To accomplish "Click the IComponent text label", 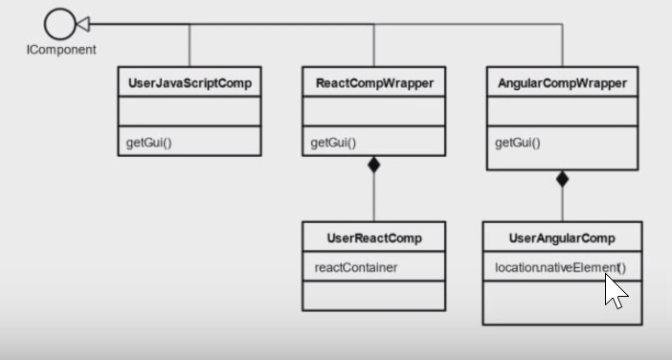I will tap(60, 49).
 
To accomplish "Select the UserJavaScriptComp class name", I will tap(190, 83).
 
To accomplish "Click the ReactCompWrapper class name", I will tap(373, 83).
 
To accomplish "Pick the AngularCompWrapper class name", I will tap(562, 83).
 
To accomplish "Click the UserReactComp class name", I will tap(373, 237).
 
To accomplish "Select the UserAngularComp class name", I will tap(562, 237).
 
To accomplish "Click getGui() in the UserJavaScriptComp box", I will tap(149, 143).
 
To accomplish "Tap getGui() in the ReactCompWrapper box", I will tap(333, 143).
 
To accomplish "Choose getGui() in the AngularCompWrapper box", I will tap(518, 143).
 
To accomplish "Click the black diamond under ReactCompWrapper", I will tap(373, 165).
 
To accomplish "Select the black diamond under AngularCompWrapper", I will tap(562, 178).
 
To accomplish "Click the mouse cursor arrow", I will tap(614, 289).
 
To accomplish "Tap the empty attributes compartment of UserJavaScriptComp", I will tap(190, 111).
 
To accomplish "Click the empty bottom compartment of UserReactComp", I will tap(373, 295).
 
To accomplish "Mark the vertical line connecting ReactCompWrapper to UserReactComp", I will tap(373, 196).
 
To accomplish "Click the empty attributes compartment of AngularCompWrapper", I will tap(562, 111).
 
